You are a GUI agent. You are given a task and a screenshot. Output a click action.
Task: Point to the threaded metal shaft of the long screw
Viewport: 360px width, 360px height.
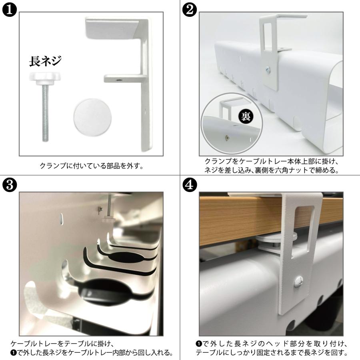[45, 112]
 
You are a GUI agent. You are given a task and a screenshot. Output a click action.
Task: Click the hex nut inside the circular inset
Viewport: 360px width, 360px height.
[227, 136]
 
